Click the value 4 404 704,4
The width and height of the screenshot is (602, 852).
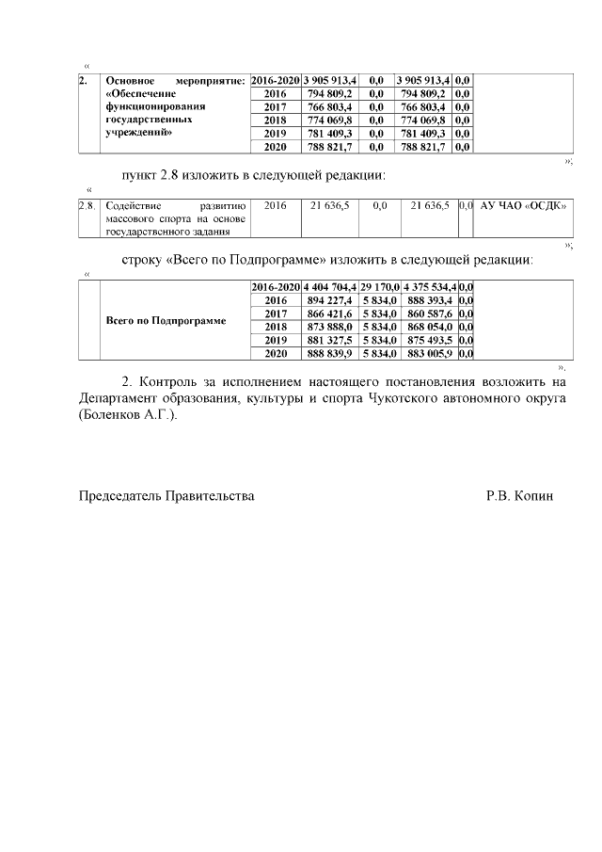(x=329, y=286)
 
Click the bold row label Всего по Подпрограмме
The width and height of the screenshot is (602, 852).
(x=166, y=320)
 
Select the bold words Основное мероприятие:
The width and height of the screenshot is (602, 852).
(x=175, y=81)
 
